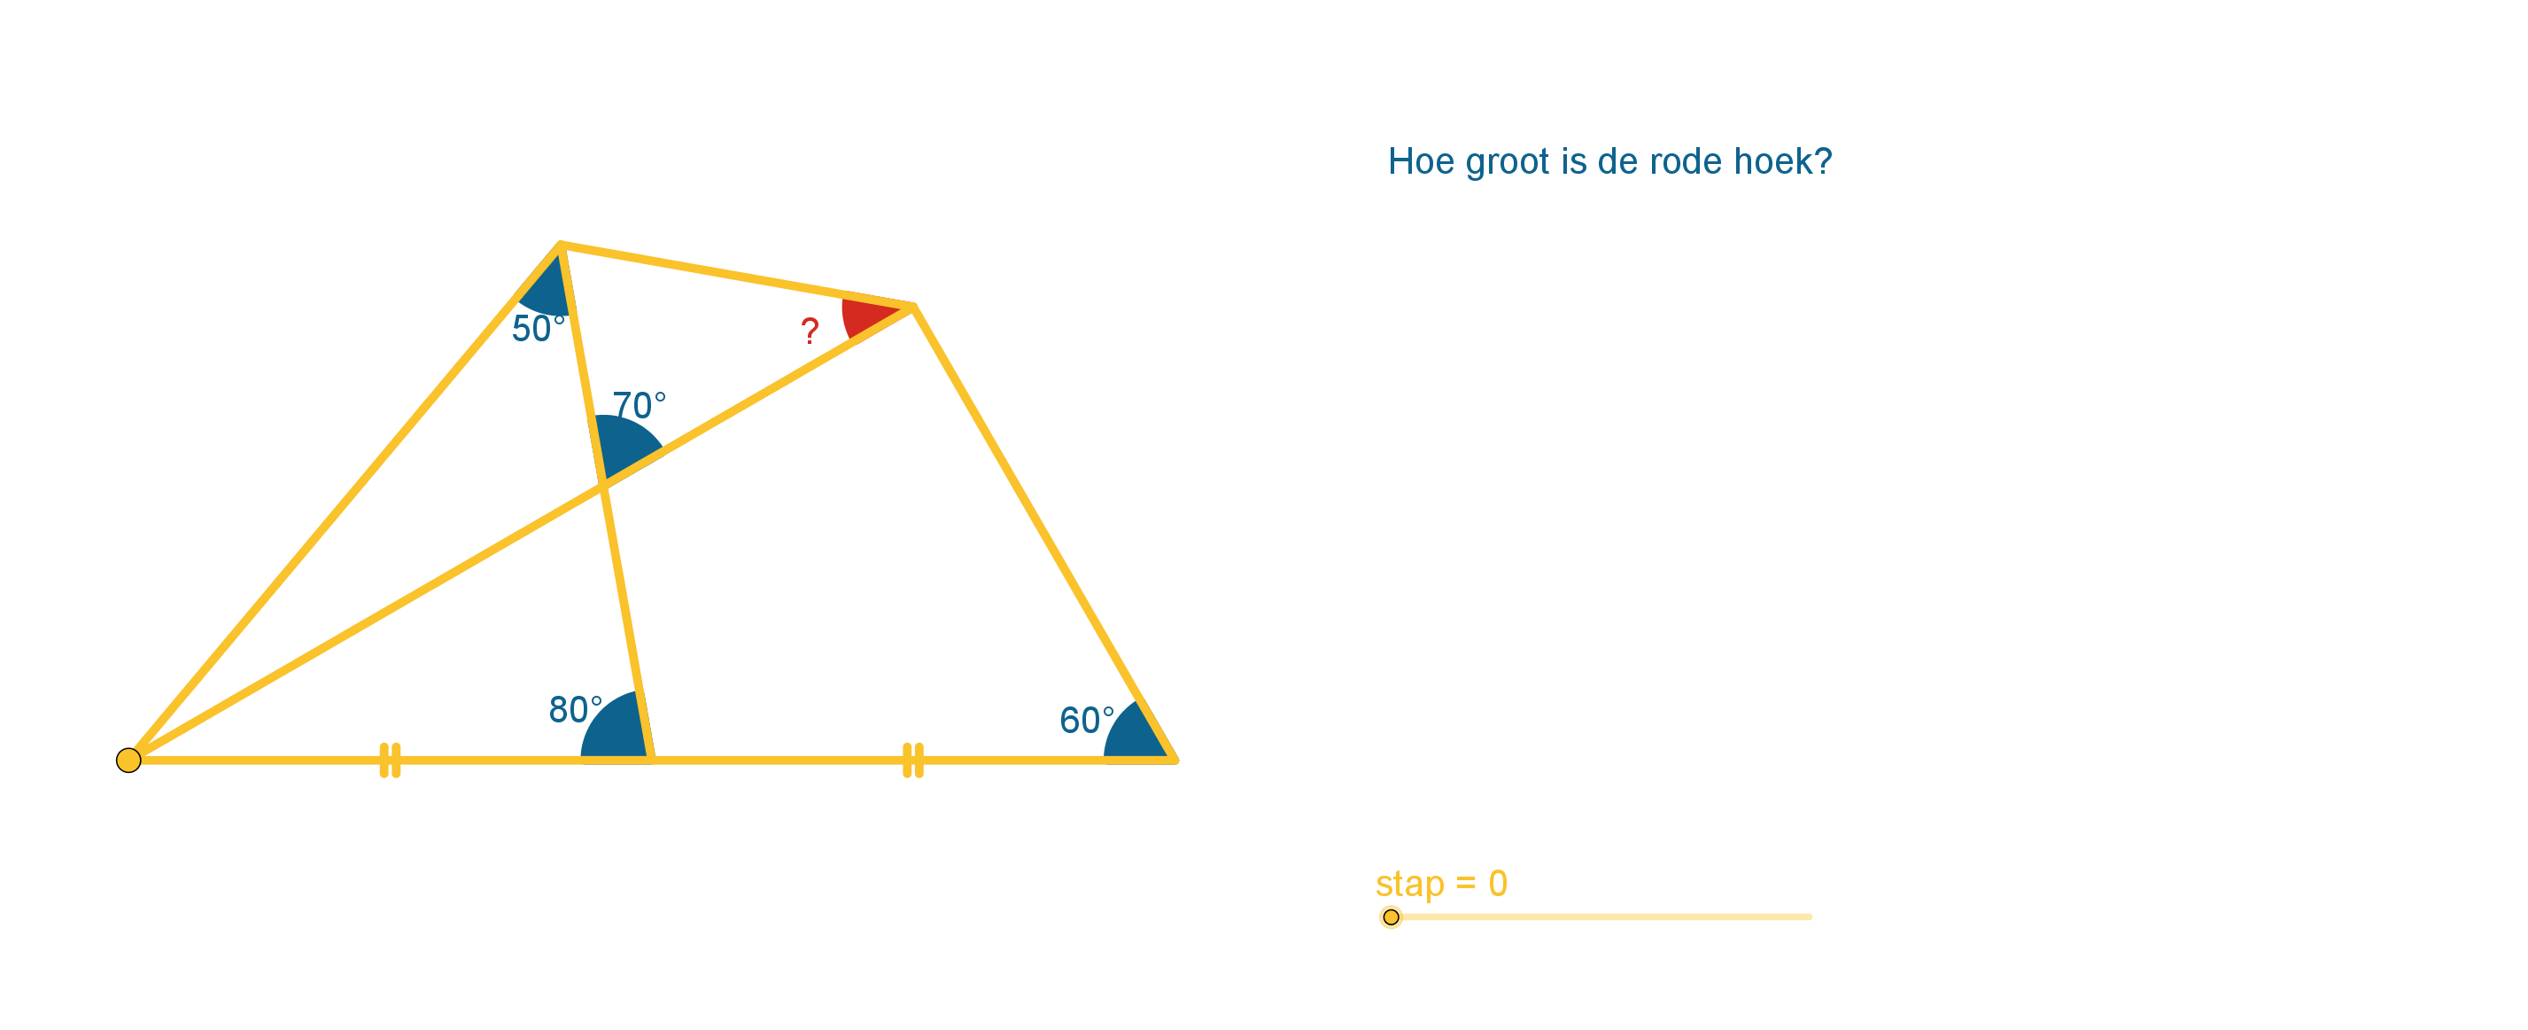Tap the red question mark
tap(810, 331)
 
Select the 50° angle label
tap(538, 328)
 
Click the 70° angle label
tap(639, 404)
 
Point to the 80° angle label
tap(575, 709)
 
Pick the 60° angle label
tap(1086, 720)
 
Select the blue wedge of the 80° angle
tap(615, 730)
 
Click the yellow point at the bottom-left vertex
tap(128, 760)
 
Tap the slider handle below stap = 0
tap(1391, 917)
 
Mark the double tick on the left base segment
tap(390, 760)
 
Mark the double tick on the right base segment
tap(912, 760)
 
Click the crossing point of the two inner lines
tap(602, 484)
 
